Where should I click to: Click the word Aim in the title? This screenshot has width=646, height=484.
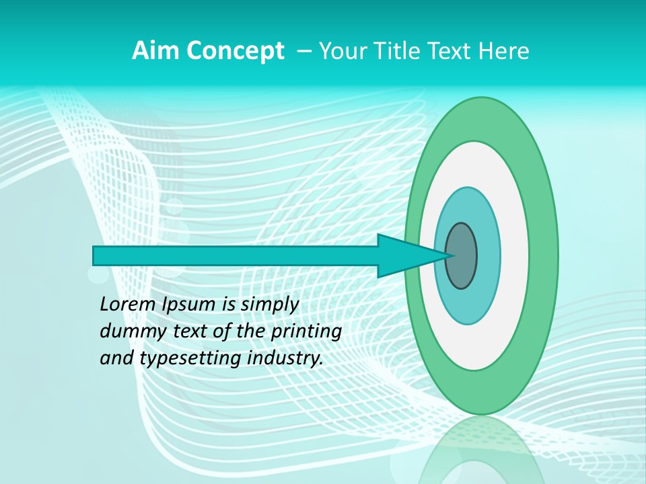pyautogui.click(x=153, y=51)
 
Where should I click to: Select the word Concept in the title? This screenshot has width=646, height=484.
pyautogui.click(x=234, y=51)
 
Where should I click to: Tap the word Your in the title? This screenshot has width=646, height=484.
pyautogui.click(x=340, y=51)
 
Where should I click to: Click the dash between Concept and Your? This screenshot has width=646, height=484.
pyautogui.click(x=303, y=51)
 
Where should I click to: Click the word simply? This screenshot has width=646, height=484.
pyautogui.click(x=269, y=305)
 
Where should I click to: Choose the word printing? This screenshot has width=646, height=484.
pyautogui.click(x=307, y=331)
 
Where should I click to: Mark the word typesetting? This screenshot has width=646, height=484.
pyautogui.click(x=190, y=359)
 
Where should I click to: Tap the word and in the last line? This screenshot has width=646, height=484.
pyautogui.click(x=116, y=358)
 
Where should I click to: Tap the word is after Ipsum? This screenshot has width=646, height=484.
pyautogui.click(x=230, y=305)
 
